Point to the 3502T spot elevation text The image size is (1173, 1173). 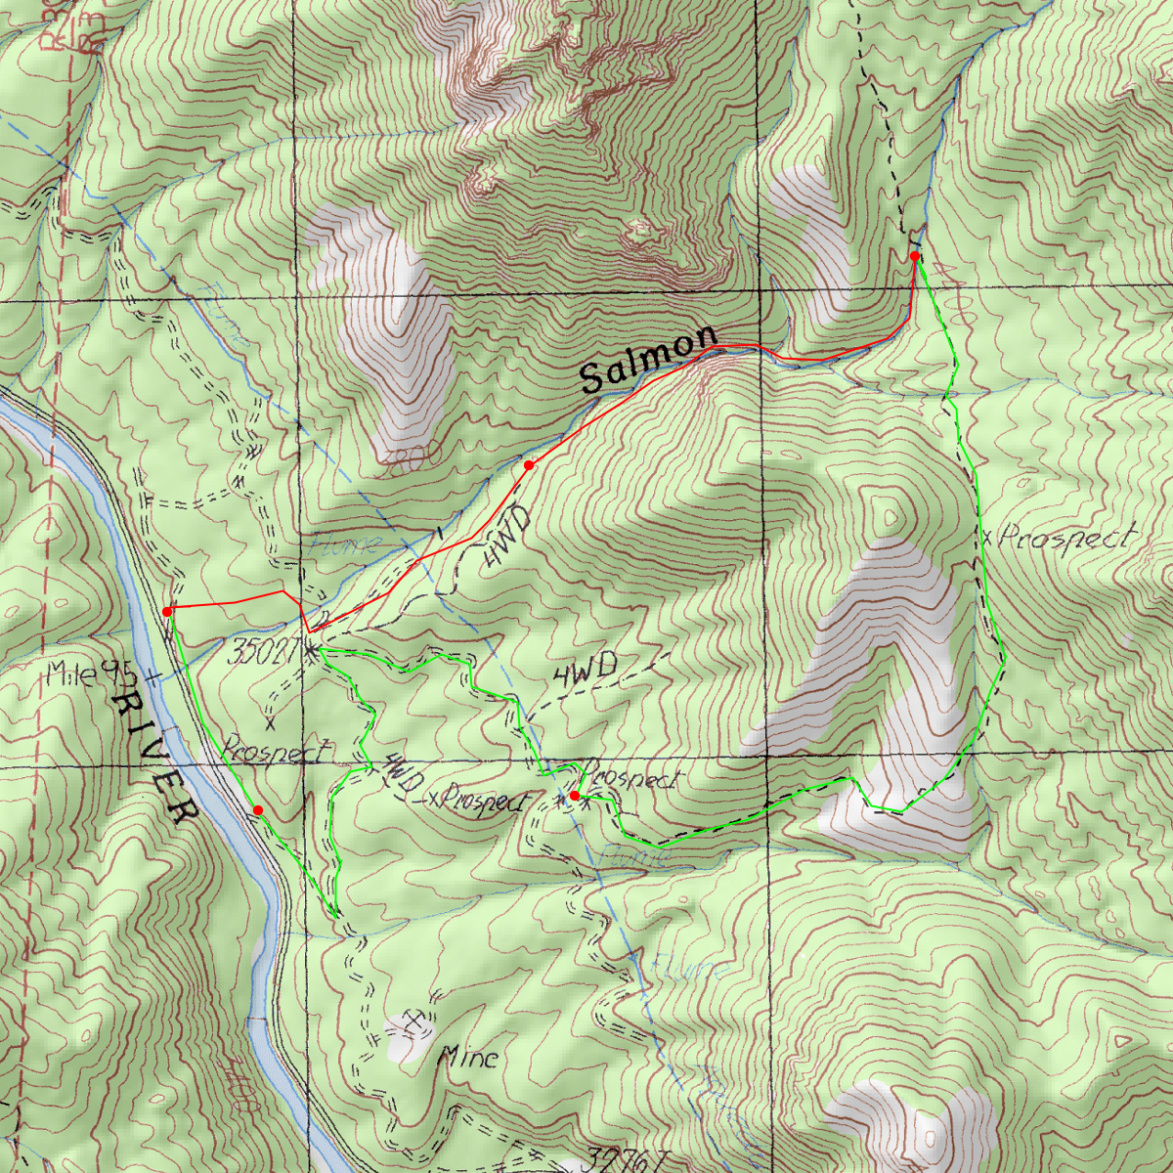(x=262, y=653)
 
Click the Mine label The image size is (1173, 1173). (x=468, y=1057)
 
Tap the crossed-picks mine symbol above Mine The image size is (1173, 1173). (x=415, y=1022)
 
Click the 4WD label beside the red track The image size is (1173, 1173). (x=505, y=538)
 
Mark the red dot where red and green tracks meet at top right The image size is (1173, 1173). (x=915, y=256)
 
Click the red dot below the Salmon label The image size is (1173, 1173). (x=529, y=465)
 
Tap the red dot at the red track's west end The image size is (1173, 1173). (x=167, y=612)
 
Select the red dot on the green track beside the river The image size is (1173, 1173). (x=258, y=810)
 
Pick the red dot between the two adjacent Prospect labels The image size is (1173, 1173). (x=575, y=797)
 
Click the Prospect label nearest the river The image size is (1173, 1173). (x=278, y=752)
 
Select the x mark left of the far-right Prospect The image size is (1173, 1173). (x=987, y=539)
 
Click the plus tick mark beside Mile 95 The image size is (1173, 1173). (x=152, y=675)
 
